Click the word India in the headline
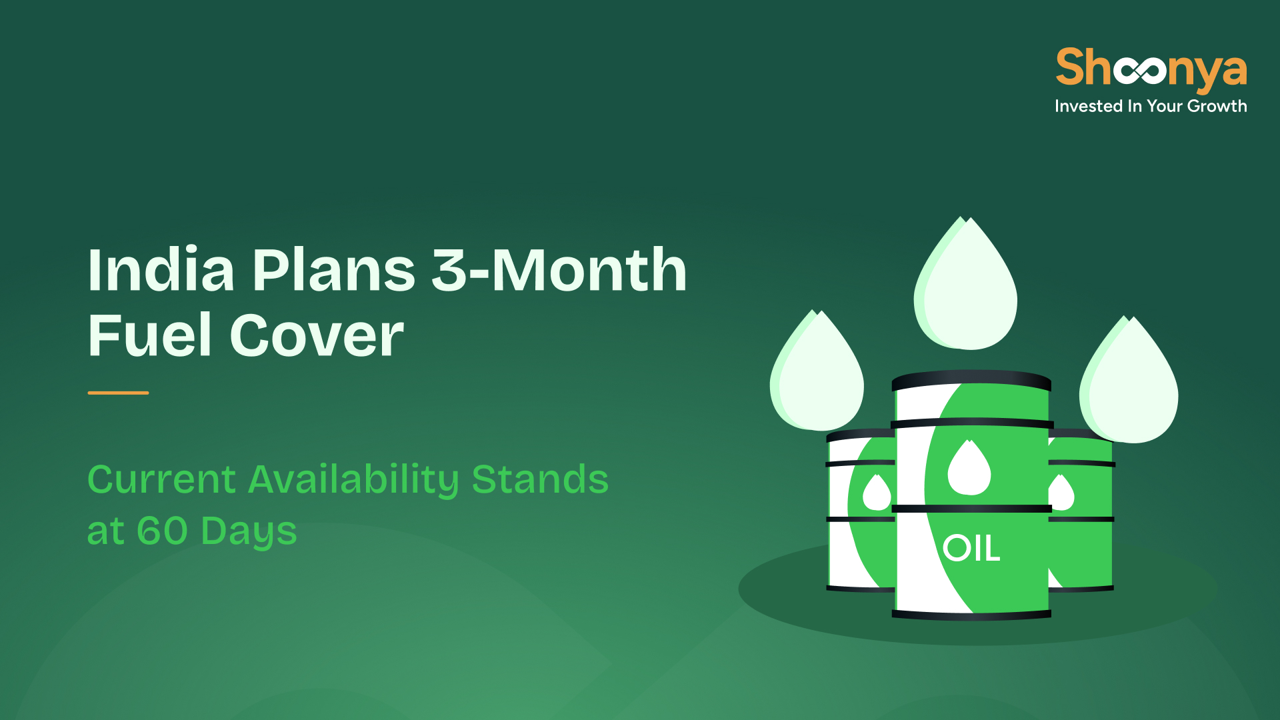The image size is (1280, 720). pyautogui.click(x=161, y=270)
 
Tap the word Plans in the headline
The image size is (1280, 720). pyautogui.click(x=333, y=270)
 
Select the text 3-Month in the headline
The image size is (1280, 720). pyautogui.click(x=559, y=270)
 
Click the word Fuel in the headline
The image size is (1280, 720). pyautogui.click(x=150, y=335)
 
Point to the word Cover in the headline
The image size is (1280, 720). pyautogui.click(x=317, y=335)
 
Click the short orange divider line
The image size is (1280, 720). pyautogui.click(x=118, y=393)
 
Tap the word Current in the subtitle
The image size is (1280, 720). pyautogui.click(x=162, y=479)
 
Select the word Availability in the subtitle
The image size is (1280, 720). pyautogui.click(x=354, y=480)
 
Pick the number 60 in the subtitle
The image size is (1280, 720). pyautogui.click(x=162, y=531)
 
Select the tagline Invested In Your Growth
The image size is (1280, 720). pyautogui.click(x=1151, y=106)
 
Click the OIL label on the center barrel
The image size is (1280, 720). pyautogui.click(x=971, y=549)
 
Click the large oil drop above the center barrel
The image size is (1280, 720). pyautogui.click(x=965, y=283)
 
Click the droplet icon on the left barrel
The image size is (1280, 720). pyautogui.click(x=877, y=493)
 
